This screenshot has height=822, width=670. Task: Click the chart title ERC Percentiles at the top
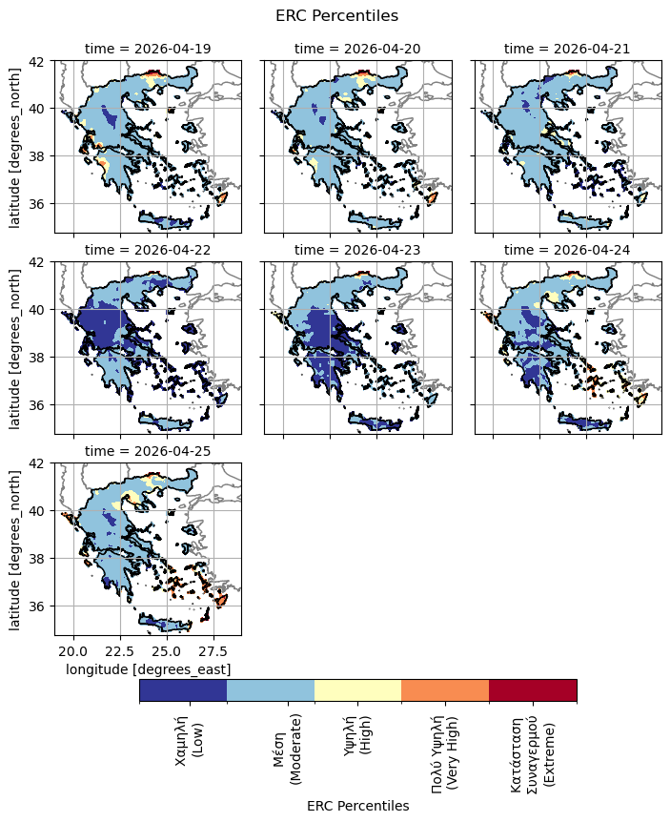click(x=336, y=15)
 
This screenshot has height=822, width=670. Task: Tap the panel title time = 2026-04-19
click(x=148, y=48)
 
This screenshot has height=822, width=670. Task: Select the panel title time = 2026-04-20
click(x=357, y=48)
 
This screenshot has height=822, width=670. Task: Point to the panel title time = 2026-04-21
click(x=567, y=48)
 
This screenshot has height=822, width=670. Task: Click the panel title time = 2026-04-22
click(x=148, y=249)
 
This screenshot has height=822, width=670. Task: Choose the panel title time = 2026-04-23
click(x=357, y=249)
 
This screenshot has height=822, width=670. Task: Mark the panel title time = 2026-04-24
click(x=567, y=249)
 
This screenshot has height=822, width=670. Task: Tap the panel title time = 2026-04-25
click(x=148, y=450)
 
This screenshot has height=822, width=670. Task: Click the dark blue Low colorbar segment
click(x=183, y=690)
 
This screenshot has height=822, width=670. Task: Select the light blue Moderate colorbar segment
click(x=271, y=690)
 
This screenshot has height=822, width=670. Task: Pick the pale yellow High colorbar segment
click(x=357, y=690)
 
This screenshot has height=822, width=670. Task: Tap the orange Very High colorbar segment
click(x=445, y=690)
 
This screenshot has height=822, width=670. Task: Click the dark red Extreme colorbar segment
click(x=533, y=690)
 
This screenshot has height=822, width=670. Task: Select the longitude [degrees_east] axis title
click(x=148, y=669)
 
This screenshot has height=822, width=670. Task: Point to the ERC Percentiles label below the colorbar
click(x=357, y=806)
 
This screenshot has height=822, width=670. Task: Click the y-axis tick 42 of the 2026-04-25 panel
click(x=43, y=463)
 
